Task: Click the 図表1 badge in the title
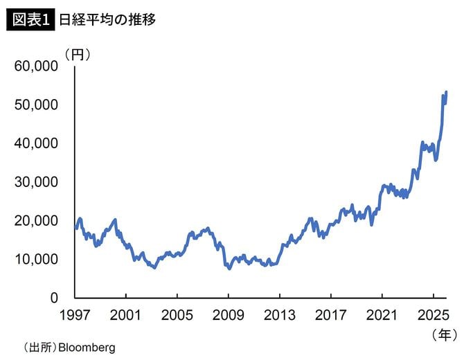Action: [28, 19]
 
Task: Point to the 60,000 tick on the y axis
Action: [35, 66]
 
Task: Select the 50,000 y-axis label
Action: [35, 105]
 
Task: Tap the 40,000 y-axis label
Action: [35, 143]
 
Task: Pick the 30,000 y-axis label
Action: [35, 182]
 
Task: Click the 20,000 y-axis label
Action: [35, 221]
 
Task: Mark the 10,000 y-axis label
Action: [35, 260]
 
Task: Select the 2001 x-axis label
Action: [126, 313]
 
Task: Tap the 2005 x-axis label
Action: [177, 313]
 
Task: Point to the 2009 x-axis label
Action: [229, 313]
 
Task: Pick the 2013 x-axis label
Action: [279, 313]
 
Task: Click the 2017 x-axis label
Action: [330, 313]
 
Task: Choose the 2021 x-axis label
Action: [382, 313]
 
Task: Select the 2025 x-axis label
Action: [433, 313]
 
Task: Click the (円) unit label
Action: [78, 53]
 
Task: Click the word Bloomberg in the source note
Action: [87, 346]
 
